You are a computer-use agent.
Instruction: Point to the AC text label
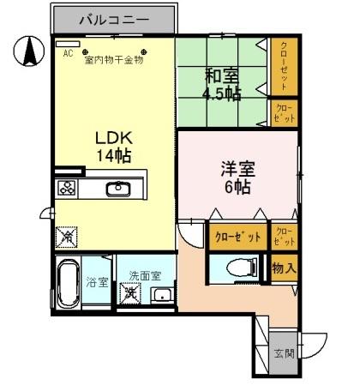69,51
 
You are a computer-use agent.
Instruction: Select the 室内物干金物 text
113,60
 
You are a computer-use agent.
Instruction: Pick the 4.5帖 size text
219,93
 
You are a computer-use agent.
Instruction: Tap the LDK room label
113,138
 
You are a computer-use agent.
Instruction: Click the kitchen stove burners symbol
67,189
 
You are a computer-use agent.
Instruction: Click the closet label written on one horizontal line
237,237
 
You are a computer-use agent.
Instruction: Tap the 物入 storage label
284,268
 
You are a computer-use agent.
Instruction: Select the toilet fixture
240,268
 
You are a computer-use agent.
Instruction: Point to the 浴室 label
98,282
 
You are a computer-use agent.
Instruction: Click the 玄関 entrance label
284,352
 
